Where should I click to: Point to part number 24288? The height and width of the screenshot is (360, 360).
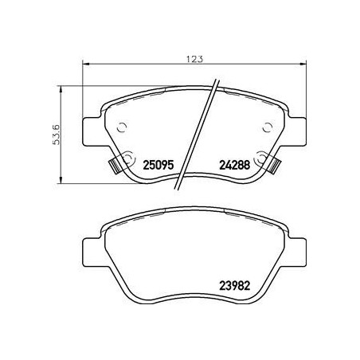point(234,166)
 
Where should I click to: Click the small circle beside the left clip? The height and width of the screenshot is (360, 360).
point(127,157)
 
